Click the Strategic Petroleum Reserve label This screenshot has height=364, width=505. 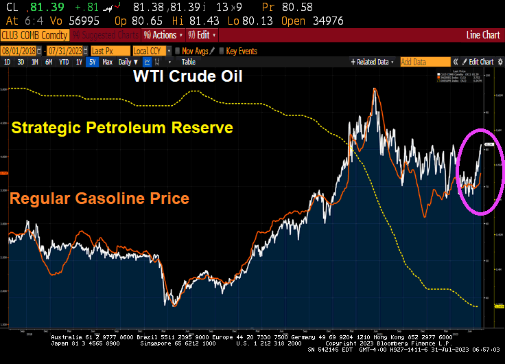coord(122,128)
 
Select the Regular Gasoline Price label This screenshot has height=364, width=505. coord(100,199)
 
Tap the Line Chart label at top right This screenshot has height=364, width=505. coord(483,35)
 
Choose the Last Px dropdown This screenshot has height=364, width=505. coord(110,51)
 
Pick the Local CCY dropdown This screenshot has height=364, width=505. coord(150,51)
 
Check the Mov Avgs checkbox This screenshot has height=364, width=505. coord(178,51)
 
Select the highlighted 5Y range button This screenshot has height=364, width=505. coord(93,62)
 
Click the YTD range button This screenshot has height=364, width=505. coord(64,62)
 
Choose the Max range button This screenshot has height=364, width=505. coord(108,62)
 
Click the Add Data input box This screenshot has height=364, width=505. coord(425,62)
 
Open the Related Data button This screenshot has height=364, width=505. coord(372,62)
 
